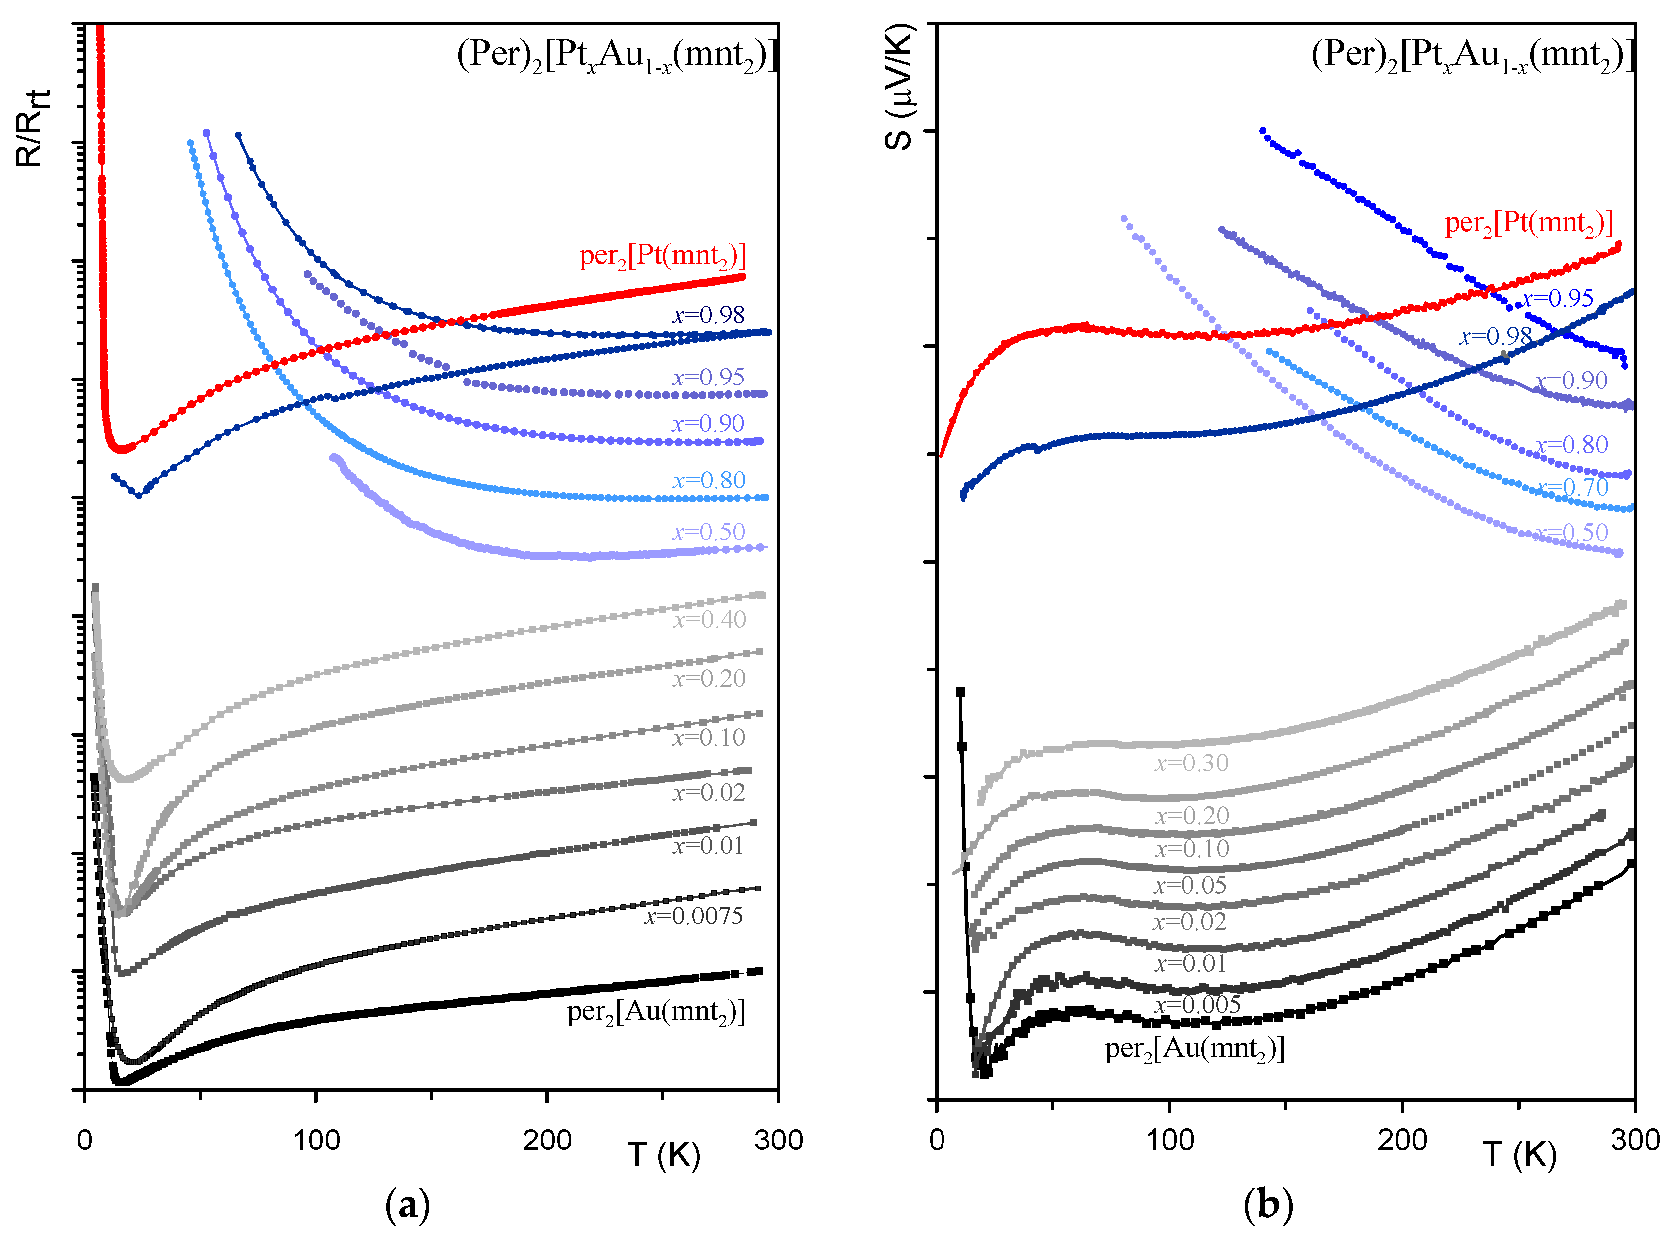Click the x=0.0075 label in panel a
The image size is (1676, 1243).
(x=693, y=916)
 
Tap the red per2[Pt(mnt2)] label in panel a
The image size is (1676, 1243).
(x=662, y=256)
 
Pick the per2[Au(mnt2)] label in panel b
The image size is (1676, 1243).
(x=1194, y=1048)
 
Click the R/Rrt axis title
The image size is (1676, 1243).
(x=32, y=128)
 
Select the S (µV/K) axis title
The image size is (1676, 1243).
(x=899, y=87)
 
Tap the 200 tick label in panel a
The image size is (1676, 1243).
(x=547, y=1140)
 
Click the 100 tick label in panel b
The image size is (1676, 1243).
(x=1169, y=1140)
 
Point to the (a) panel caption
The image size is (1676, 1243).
(x=407, y=1205)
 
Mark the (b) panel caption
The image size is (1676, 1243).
(x=1267, y=1205)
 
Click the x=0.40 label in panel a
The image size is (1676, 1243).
(x=709, y=619)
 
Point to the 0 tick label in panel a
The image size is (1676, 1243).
(x=84, y=1140)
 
